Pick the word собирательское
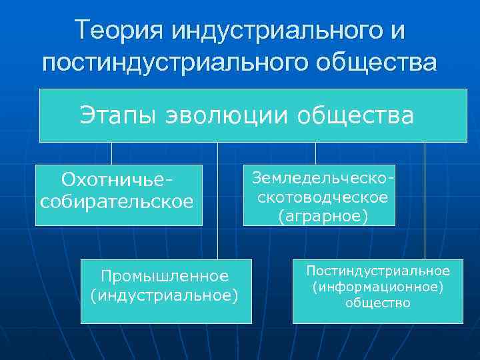tap(117, 201)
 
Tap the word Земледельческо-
tap(319, 178)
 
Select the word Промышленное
tap(165, 275)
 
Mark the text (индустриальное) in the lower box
tap(165, 295)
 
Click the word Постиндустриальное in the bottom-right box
tap(378, 271)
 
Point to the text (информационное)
tap(378, 287)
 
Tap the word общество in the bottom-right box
tap(378, 303)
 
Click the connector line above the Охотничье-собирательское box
tap(111, 153)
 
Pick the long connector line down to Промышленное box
tap(217, 200)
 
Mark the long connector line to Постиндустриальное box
tap(425, 200)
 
